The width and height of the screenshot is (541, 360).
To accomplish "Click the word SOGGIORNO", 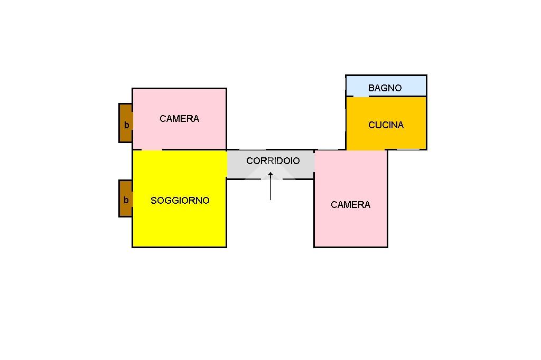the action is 180,201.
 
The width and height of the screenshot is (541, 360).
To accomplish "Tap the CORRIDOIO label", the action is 273,160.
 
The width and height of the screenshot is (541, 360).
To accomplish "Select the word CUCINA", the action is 386,125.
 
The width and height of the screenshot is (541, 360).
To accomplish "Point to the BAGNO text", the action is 385,88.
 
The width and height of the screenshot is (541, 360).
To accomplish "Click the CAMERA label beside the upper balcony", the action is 179,119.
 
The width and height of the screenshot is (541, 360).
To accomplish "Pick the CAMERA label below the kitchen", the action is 350,204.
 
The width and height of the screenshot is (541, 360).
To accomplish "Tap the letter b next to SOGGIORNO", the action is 126,200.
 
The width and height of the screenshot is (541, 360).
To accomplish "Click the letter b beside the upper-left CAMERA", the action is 126,125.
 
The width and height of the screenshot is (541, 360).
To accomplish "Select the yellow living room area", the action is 180,198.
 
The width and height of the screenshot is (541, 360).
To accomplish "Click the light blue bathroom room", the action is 386,86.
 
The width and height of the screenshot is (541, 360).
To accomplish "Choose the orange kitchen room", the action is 386,123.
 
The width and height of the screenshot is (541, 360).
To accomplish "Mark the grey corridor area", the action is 270,165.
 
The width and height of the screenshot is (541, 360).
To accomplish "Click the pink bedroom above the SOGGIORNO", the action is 180,119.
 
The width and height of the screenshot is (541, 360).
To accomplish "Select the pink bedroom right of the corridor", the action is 351,198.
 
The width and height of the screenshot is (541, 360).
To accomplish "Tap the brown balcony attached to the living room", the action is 126,198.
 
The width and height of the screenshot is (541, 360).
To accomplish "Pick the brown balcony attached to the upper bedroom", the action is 126,123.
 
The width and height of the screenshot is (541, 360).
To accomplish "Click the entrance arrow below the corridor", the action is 270,186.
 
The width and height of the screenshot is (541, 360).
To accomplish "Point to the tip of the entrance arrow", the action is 270,173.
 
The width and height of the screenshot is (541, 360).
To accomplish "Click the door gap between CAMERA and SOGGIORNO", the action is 152,150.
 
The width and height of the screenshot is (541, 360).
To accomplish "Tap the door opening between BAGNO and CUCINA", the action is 360,96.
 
